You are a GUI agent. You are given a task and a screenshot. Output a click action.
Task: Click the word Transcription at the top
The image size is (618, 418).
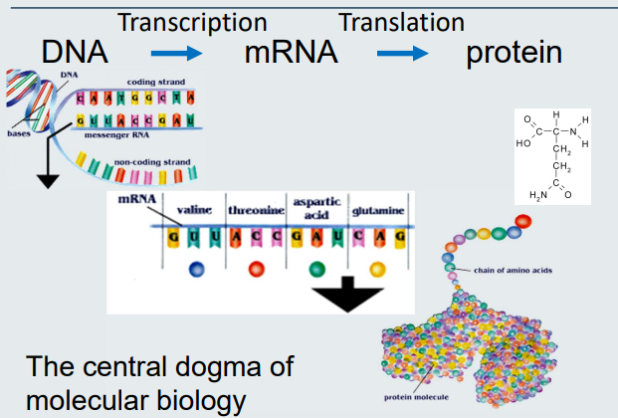pos(192,22)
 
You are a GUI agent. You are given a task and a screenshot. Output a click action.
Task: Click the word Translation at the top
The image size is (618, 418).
pos(401,22)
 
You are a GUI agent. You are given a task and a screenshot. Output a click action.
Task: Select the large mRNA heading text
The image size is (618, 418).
pos(291,52)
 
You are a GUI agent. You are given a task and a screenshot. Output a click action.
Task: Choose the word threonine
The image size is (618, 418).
pos(257,210)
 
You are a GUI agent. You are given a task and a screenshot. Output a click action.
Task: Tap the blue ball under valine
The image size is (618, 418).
pos(194,269)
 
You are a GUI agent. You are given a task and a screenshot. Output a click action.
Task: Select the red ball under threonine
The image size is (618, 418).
pos(257,269)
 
